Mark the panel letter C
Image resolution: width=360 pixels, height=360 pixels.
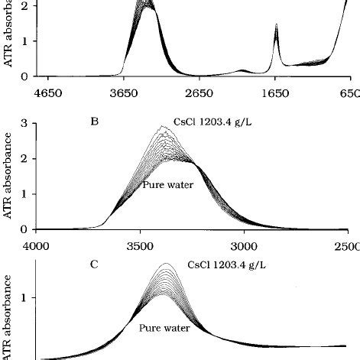tap(94, 265)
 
